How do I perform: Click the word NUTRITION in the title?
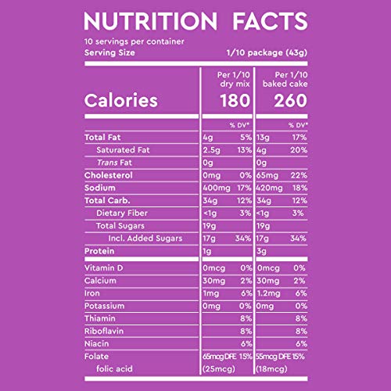coord(150,21)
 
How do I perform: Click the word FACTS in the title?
coord(270,21)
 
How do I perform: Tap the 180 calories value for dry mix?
coord(235,101)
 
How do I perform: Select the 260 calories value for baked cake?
coord(290,101)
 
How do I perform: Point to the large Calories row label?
coord(121,100)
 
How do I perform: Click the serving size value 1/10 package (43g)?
coord(267,53)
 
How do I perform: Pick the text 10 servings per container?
coord(135,41)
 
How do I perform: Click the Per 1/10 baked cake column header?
coord(285,79)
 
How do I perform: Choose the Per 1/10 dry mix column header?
coord(234,79)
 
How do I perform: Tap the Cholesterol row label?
coord(109,175)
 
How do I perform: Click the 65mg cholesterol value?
coord(267,175)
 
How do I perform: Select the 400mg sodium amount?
coord(217,188)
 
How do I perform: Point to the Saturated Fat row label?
coord(123,150)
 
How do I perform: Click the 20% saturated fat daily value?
coord(299,150)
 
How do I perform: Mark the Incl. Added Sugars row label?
coord(145,239)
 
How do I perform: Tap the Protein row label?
coord(99,251)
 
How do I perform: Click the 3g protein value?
coord(261,251)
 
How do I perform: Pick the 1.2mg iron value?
coord(269,293)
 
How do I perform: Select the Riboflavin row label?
coord(104,331)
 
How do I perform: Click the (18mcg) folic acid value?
coord(271,369)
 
